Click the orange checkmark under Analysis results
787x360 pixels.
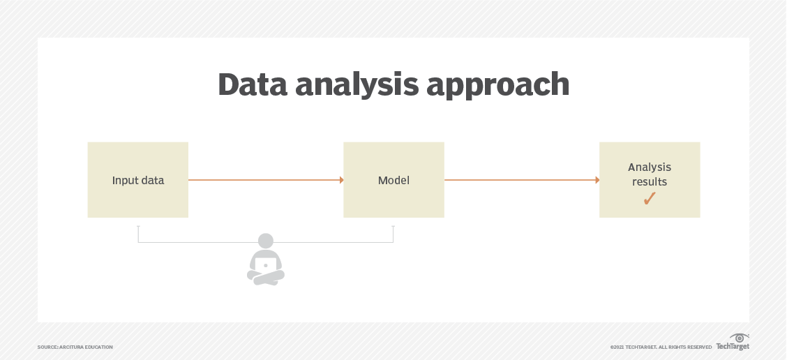click(650, 199)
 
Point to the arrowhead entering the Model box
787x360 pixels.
click(341, 180)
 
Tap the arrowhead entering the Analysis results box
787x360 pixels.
click(597, 180)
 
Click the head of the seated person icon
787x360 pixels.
click(266, 241)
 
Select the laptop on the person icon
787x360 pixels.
click(266, 264)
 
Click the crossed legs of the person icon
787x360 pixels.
click(266, 278)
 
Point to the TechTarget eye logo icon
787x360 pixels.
click(739, 338)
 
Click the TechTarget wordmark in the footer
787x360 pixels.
click(732, 347)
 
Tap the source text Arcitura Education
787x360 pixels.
click(75, 347)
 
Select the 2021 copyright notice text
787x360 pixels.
click(661, 347)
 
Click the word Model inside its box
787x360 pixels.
click(393, 180)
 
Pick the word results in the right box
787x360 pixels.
click(650, 182)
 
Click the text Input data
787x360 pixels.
click(138, 180)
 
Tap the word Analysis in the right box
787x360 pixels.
click(650, 167)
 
